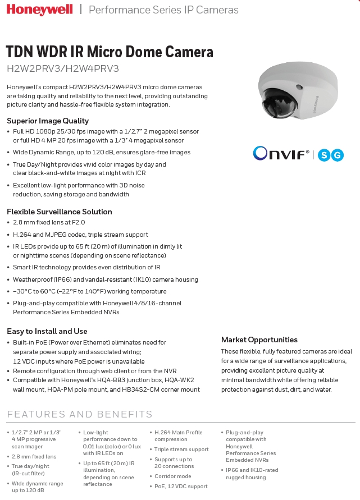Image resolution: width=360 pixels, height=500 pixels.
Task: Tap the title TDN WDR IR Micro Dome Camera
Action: [x=110, y=52]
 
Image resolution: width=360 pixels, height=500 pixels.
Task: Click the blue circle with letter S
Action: [x=323, y=155]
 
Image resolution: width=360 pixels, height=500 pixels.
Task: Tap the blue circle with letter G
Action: [x=337, y=155]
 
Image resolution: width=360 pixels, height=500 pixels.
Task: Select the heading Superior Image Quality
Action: [x=48, y=121]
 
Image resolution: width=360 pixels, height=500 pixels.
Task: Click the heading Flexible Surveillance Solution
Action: [x=60, y=212]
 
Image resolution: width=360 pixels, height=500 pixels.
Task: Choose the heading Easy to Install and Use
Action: [x=47, y=331]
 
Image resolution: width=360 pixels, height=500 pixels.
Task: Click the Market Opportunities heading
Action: [x=259, y=340]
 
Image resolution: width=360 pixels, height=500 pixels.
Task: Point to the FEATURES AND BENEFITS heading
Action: [x=80, y=415]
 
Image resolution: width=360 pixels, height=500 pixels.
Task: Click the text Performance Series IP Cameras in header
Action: [x=163, y=10]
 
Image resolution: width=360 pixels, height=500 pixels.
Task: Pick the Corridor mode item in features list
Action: [x=173, y=476]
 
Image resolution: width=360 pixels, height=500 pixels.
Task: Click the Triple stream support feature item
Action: [x=181, y=449]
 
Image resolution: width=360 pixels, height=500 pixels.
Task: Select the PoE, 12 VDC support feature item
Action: [x=181, y=487]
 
